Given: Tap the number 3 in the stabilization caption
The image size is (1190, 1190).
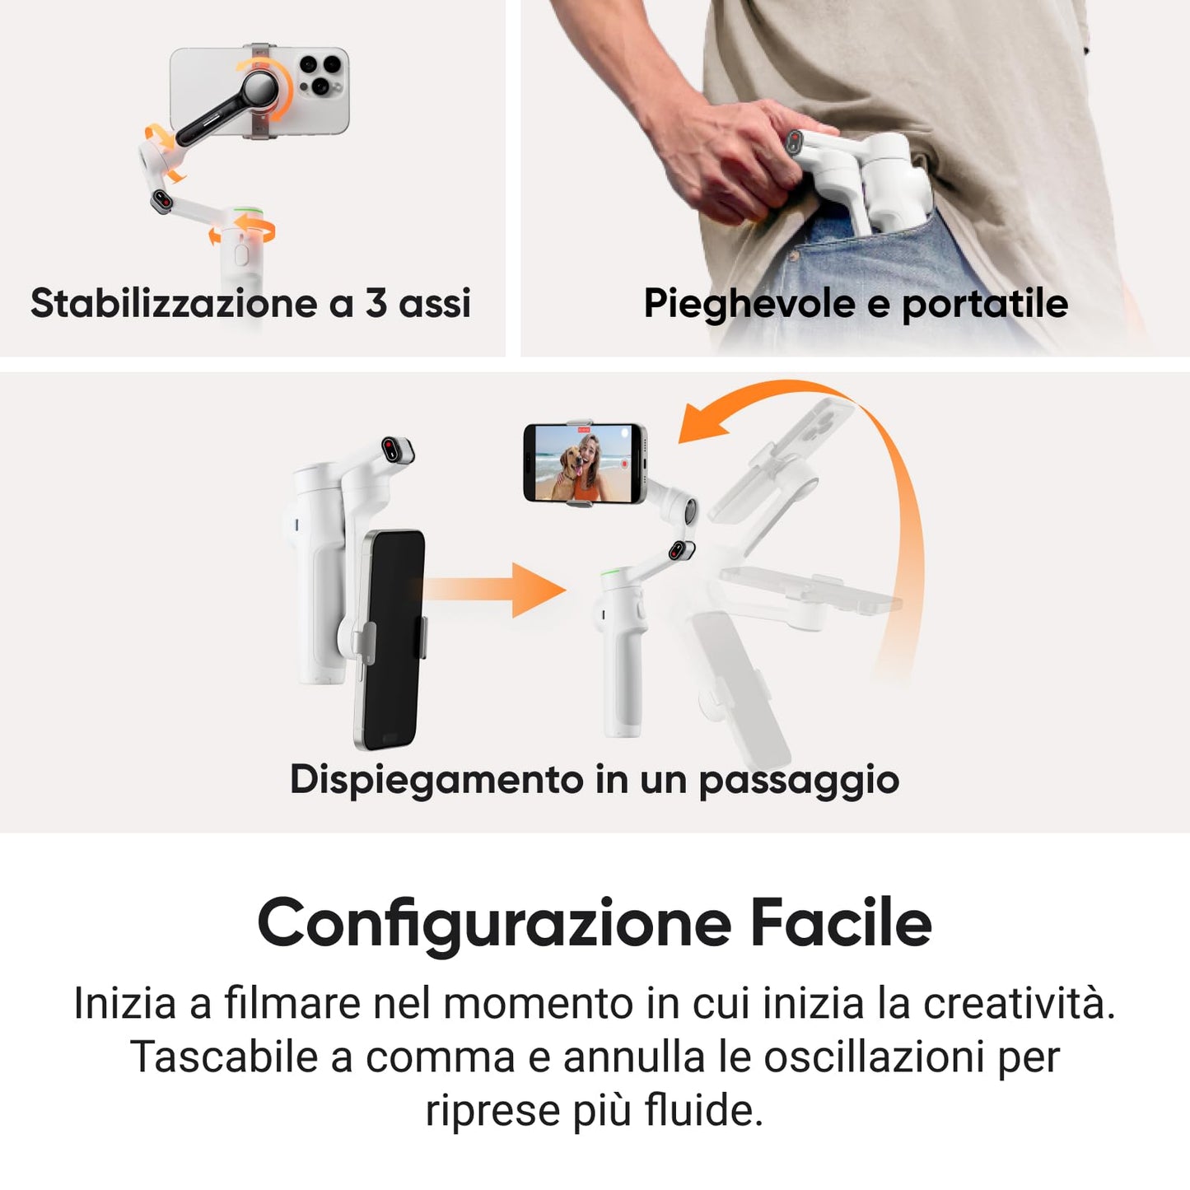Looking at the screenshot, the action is point(376,303).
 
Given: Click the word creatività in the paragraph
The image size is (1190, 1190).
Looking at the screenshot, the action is point(1020,1003).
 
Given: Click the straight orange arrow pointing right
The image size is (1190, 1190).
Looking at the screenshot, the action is point(494,590).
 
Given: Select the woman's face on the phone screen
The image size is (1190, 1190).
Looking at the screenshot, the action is point(591,450).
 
